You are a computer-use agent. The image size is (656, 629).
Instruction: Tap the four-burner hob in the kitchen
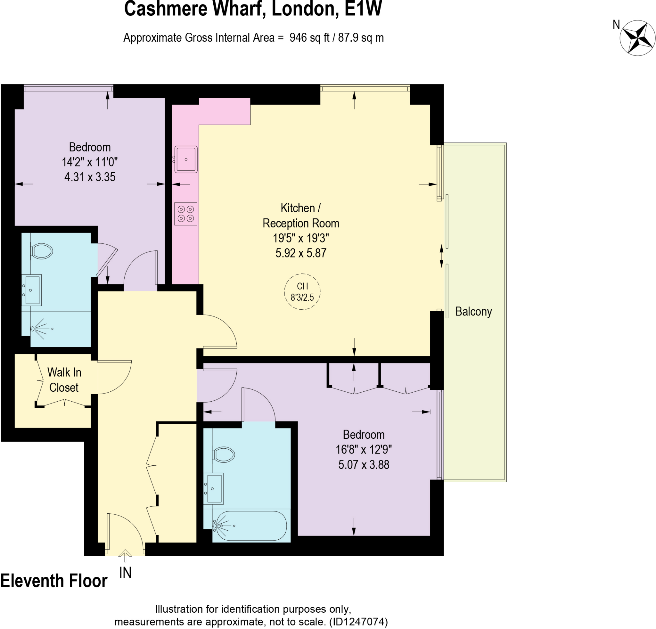[186, 214]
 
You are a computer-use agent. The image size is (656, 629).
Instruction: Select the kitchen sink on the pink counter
[186, 159]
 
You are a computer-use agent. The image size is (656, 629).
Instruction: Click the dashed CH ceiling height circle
[302, 291]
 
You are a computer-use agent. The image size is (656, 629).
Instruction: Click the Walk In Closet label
[64, 380]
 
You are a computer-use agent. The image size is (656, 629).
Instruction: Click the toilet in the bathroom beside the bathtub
[224, 455]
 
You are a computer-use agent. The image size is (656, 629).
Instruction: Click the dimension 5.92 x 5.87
[300, 253]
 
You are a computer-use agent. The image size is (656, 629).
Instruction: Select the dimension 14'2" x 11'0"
[90, 162]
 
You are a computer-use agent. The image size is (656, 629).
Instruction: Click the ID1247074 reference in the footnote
[358, 622]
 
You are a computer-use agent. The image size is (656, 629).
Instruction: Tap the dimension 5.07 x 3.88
[364, 465]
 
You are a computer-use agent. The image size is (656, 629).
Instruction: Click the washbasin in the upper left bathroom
[32, 290]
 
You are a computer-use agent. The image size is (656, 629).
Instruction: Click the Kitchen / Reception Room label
[300, 216]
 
